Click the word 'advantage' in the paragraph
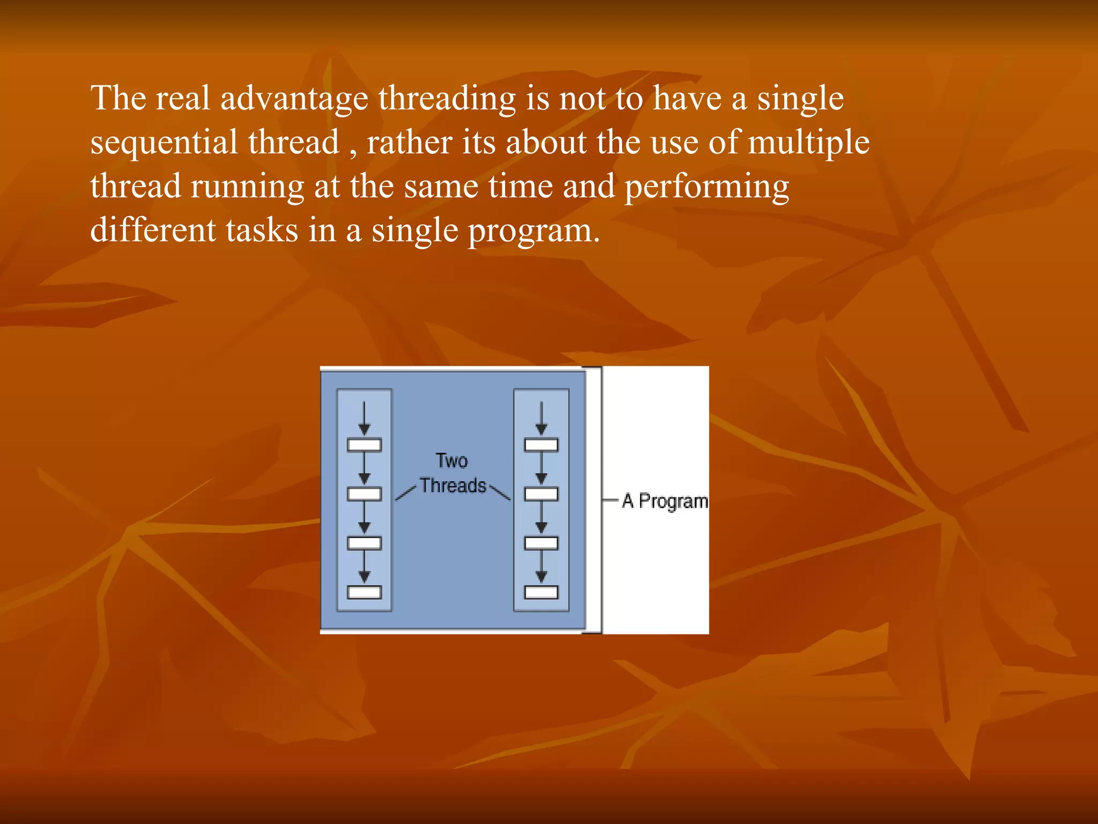(x=294, y=100)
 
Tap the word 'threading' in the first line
(x=447, y=100)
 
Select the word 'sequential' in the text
(x=164, y=143)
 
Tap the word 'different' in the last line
(x=152, y=231)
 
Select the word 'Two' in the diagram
(x=451, y=461)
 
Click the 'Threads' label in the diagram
(x=452, y=485)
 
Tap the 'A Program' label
(x=665, y=501)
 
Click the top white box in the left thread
(x=365, y=445)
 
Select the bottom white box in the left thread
(x=365, y=592)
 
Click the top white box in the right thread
(x=541, y=445)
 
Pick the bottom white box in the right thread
(x=541, y=592)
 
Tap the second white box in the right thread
(x=541, y=494)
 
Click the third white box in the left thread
(x=365, y=543)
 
